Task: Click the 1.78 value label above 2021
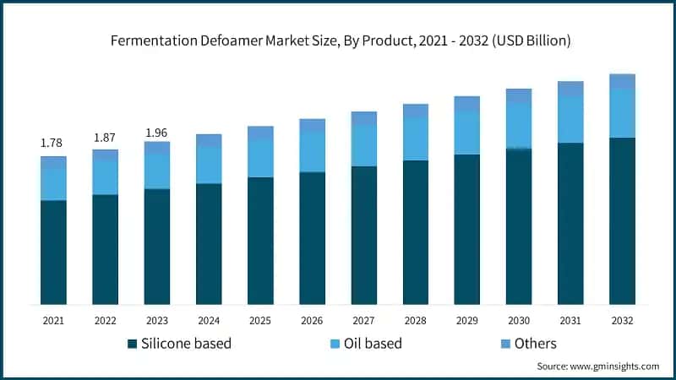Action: coord(52,143)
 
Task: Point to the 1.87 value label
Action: coord(104,137)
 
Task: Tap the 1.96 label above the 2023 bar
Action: coord(156,133)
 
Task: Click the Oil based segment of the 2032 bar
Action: coord(622,113)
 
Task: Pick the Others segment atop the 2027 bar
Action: coord(364,118)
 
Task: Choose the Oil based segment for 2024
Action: coord(209,165)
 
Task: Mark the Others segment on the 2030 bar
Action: coord(519,95)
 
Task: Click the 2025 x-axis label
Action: coord(260,321)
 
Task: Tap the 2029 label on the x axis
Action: coord(467,321)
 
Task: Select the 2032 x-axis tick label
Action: coord(622,321)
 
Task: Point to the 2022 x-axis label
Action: coord(105,321)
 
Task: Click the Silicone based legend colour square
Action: coord(132,344)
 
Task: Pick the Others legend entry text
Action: coord(537,344)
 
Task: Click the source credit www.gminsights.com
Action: coord(598,366)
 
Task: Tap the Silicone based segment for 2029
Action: coord(467,229)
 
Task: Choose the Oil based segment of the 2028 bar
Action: coord(416,138)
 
